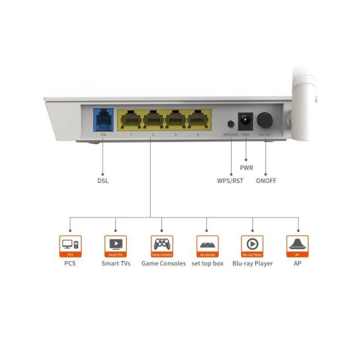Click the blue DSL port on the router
102,119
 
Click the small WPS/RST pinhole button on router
230,124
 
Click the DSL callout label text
103,180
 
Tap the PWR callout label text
246,167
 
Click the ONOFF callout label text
266,180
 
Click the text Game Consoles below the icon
163,263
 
